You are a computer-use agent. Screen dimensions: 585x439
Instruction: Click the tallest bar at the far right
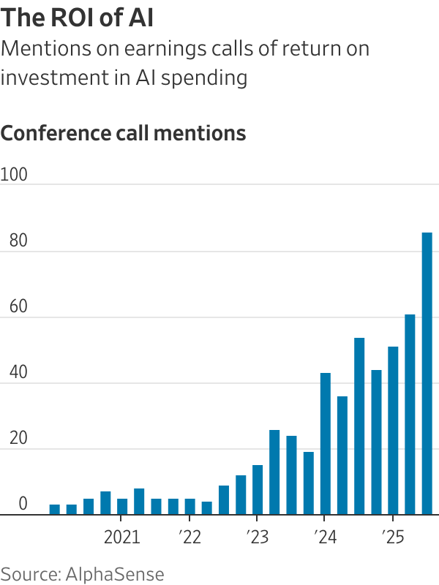point(427,373)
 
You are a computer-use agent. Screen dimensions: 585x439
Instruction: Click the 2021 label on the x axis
point(122,538)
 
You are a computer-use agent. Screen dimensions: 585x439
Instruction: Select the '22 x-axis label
point(189,538)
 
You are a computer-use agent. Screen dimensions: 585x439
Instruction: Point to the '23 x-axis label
point(257,538)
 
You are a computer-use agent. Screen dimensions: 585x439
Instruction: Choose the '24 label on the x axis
point(325,538)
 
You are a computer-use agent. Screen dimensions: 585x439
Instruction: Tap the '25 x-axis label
point(392,538)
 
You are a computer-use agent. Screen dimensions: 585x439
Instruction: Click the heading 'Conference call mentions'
point(123,134)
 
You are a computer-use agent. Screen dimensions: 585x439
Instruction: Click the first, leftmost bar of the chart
point(55,510)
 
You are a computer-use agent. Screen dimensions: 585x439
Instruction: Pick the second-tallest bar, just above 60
point(410,415)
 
